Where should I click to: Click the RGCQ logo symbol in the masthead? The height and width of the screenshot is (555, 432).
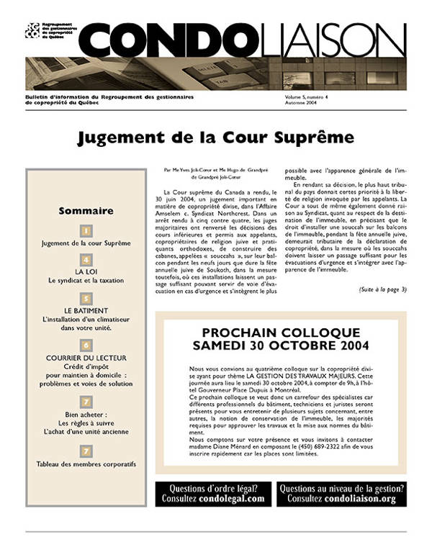31,30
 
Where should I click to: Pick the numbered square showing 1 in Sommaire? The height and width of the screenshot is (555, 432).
86,231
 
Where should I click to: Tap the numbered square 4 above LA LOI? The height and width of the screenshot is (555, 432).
86,260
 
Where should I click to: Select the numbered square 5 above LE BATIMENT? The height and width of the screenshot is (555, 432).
86,298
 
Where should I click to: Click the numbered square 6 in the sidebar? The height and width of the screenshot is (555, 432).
86,345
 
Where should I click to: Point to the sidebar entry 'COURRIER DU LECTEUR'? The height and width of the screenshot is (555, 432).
86,357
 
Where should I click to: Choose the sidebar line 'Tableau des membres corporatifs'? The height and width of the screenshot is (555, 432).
86,464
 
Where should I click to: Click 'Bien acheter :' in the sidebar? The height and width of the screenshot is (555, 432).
86,415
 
